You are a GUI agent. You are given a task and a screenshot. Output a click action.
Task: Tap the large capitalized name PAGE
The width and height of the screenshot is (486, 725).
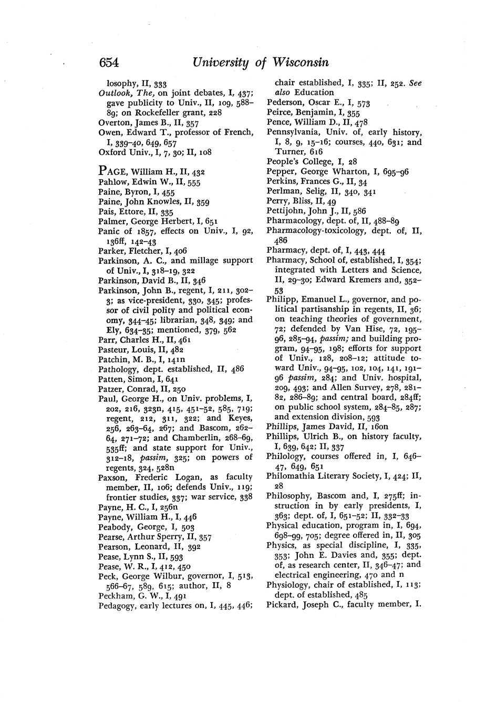[113, 172]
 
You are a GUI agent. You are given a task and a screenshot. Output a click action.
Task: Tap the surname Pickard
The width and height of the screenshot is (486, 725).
[281, 605]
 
